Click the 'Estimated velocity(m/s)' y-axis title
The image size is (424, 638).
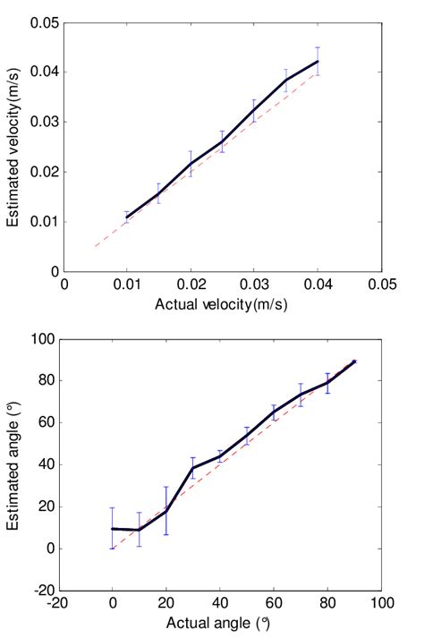point(15,147)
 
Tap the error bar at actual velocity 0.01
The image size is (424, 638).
point(127,217)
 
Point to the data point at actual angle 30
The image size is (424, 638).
point(193,468)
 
